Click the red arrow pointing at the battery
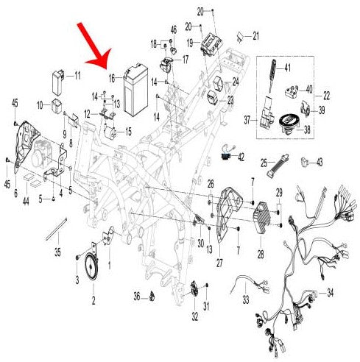tap(94, 46)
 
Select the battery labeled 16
tap(136, 90)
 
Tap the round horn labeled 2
tap(91, 268)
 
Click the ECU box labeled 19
tap(211, 43)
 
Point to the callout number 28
tap(261, 255)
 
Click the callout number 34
tap(331, 293)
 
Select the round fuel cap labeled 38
tap(290, 124)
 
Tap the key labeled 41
tap(272, 75)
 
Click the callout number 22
tap(326, 96)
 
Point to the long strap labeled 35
tap(57, 229)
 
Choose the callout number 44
tap(26, 201)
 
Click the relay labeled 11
tap(58, 83)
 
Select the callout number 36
tap(137, 297)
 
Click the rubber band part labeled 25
tap(278, 165)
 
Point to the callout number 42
tap(241, 157)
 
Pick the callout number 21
tap(256, 36)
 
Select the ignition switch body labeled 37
tap(267, 115)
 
